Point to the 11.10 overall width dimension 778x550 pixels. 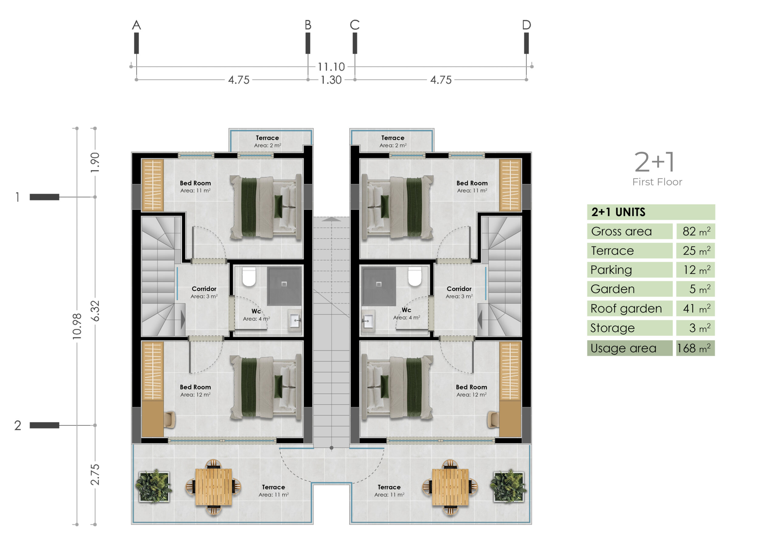pyautogui.click(x=331, y=67)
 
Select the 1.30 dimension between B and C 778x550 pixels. pyautogui.click(x=331, y=80)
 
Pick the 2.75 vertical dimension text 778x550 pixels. pyautogui.click(x=95, y=474)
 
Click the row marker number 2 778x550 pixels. pyautogui.click(x=18, y=425)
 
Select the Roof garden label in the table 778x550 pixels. pyautogui.click(x=626, y=308)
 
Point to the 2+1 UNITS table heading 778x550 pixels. pyautogui.click(x=618, y=212)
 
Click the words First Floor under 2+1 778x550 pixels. pyautogui.click(x=657, y=182)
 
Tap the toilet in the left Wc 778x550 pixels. pyautogui.click(x=249, y=277)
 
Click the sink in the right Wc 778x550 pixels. pyautogui.click(x=368, y=320)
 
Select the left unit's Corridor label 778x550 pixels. pyautogui.click(x=204, y=289)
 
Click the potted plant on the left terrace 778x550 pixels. pyautogui.click(x=154, y=486)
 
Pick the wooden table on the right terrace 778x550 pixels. pyautogui.click(x=450, y=487)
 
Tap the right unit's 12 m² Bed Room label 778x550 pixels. pyautogui.click(x=471, y=391)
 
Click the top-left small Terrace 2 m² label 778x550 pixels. pyautogui.click(x=267, y=141)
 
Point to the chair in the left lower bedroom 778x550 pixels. pyautogui.click(x=169, y=420)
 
